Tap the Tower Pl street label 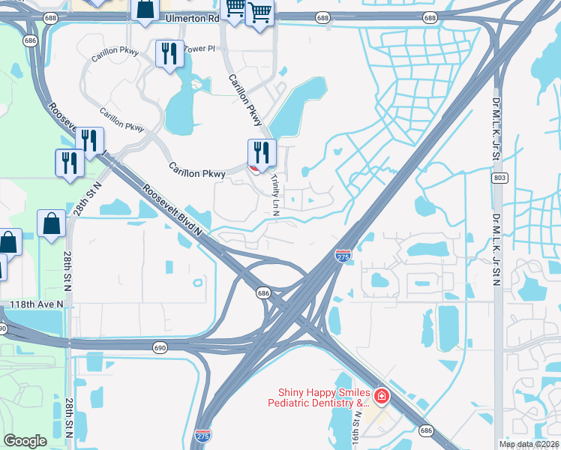click(199, 48)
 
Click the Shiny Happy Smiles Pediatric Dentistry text click(324, 397)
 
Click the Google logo click(25, 440)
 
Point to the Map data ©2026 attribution click(528, 444)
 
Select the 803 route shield click(499, 178)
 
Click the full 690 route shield click(160, 347)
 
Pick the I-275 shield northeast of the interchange click(343, 256)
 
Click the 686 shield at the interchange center click(263, 292)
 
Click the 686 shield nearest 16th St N click(426, 430)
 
